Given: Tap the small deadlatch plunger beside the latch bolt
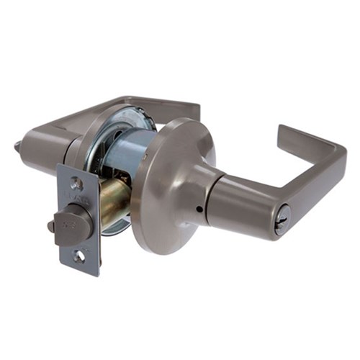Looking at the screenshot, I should pos(51,226).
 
